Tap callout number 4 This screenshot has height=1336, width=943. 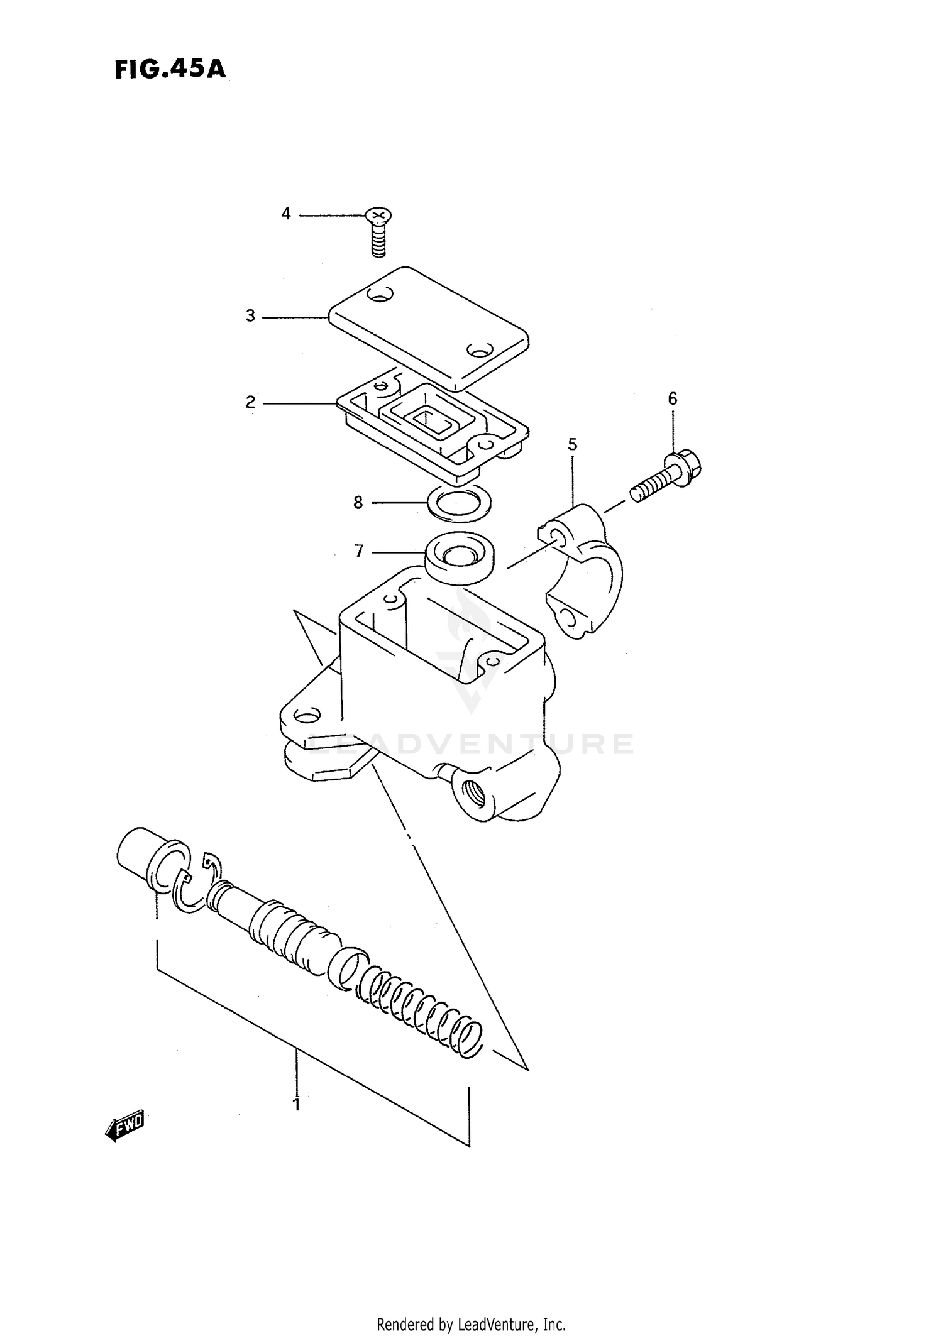click(286, 214)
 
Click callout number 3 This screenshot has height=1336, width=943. click(250, 316)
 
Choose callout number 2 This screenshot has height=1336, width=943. click(250, 402)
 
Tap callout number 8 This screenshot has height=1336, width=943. click(358, 502)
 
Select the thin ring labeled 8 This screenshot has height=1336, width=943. click(459, 503)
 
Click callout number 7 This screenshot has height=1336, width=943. click(358, 551)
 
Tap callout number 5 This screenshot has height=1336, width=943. click(572, 444)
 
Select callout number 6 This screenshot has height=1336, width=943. click(672, 398)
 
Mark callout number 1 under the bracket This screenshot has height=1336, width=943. click(296, 1104)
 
